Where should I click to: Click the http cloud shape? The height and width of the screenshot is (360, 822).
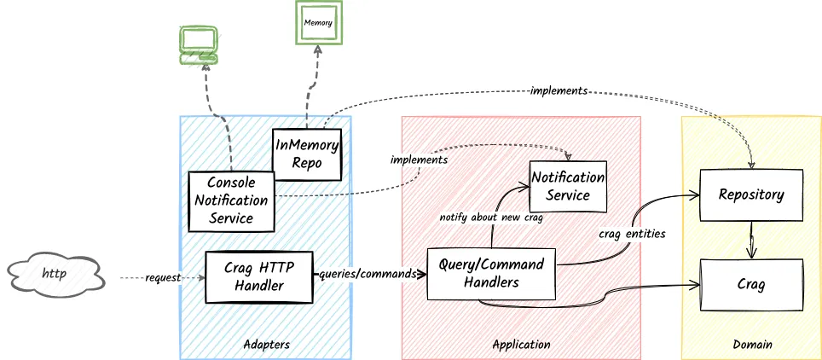point(55,275)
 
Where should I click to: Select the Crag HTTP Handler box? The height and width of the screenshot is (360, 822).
point(259,276)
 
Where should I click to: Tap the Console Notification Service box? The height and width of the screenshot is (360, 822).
point(231,201)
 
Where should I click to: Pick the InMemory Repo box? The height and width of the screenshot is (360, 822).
point(306,154)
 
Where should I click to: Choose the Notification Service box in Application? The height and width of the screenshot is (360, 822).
point(568,186)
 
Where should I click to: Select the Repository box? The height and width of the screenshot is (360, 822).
point(750,195)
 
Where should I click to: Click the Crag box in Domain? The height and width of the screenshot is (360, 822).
point(750,284)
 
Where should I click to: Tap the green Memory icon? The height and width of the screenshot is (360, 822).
point(318,22)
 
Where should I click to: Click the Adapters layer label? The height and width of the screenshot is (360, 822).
point(266,345)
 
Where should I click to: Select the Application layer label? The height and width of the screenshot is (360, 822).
point(521,345)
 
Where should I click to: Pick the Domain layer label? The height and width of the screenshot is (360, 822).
point(752,345)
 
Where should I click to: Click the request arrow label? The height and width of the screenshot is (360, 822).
point(162,278)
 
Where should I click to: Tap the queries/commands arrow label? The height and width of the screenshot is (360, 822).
point(368,275)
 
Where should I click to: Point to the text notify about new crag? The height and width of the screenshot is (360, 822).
point(491,217)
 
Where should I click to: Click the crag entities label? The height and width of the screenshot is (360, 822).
point(632,233)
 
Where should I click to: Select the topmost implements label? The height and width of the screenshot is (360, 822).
point(559,90)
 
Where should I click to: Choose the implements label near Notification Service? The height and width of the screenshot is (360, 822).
point(419,160)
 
